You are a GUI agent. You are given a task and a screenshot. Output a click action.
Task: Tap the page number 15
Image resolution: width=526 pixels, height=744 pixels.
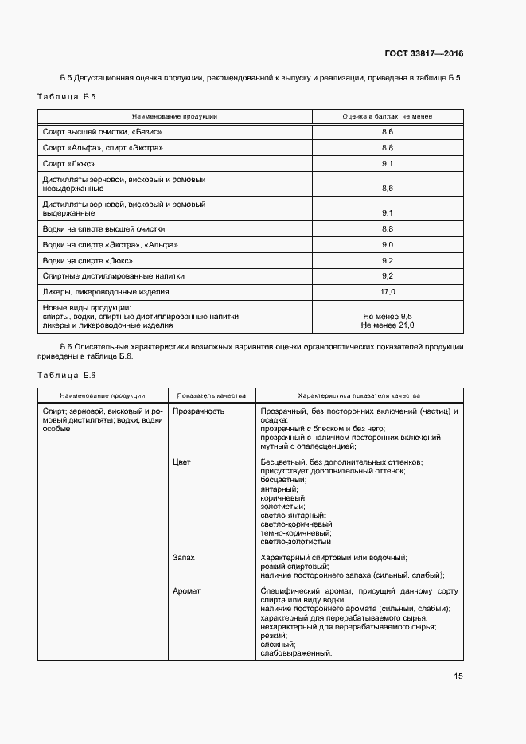tap(458, 676)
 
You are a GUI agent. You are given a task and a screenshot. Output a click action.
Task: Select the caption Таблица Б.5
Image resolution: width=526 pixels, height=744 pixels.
tap(67, 96)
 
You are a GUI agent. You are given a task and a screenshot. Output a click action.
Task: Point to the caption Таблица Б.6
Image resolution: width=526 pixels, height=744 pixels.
tap(67, 375)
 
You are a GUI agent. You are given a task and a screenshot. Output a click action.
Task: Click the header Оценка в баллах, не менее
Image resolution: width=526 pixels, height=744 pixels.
tap(388, 116)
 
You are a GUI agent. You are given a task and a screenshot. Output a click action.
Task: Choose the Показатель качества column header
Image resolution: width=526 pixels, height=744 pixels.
tap(212, 395)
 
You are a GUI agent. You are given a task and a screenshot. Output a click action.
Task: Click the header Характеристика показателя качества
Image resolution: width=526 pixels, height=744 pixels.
tap(359, 395)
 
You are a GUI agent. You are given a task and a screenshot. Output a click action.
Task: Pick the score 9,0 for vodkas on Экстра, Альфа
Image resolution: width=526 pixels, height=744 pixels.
tap(388, 245)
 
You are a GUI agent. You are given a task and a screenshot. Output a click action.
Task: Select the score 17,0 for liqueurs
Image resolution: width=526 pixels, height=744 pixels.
tap(388, 291)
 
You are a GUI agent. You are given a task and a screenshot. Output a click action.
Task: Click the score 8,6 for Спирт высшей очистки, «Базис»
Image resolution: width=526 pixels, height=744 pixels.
tap(388, 131)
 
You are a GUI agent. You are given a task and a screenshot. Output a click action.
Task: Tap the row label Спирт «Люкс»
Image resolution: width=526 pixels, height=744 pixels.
tap(68, 163)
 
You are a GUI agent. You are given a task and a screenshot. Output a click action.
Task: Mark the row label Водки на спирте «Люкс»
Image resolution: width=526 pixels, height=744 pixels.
tap(88, 260)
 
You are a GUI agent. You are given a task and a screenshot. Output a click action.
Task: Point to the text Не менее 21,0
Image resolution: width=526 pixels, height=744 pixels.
tap(388, 325)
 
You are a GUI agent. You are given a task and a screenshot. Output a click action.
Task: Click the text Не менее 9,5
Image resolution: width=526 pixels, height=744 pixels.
tap(388, 317)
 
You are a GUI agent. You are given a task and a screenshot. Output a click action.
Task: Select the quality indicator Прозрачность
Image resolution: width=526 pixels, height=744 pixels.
tap(198, 411)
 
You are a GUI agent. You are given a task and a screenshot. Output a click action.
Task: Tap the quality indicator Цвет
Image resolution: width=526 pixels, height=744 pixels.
tap(181, 462)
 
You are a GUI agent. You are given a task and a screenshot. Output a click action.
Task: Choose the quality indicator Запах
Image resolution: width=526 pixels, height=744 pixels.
tap(184, 558)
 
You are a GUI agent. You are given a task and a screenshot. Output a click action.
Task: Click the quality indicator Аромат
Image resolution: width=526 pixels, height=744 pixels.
tap(186, 591)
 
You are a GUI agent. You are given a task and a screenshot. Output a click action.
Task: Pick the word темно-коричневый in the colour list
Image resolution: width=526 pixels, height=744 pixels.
tap(296, 532)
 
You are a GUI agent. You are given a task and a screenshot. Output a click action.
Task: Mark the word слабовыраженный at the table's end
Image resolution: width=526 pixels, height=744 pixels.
tap(296, 653)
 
